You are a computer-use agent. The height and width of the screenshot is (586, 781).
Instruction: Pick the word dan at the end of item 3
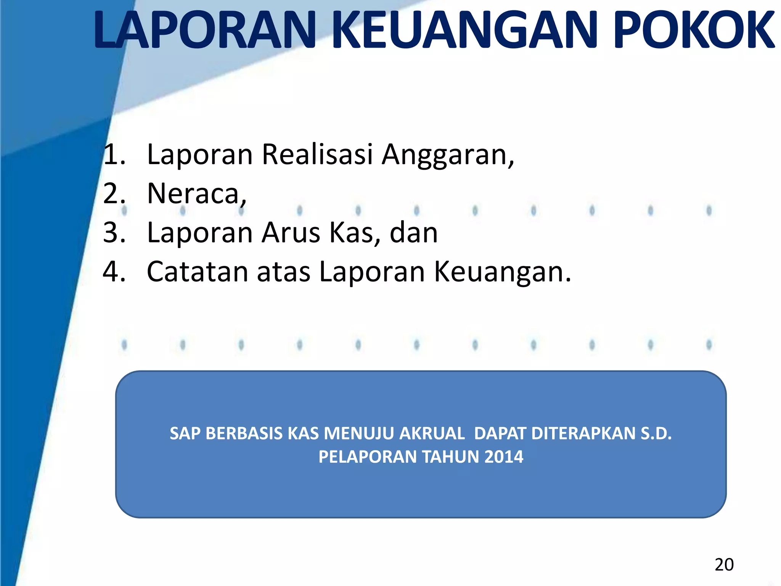(x=414, y=233)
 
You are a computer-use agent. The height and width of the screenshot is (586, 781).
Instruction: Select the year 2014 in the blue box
(x=503, y=457)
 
